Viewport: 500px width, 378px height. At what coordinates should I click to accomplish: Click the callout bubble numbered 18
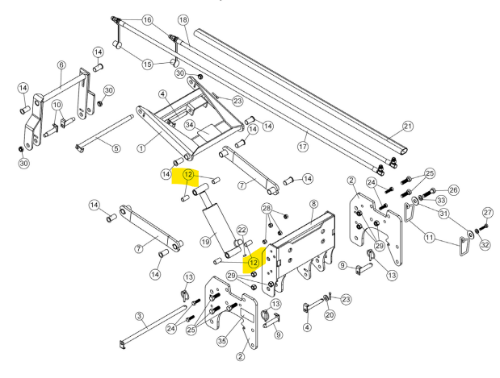point(183,19)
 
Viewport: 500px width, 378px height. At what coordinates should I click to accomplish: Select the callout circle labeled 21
point(408,126)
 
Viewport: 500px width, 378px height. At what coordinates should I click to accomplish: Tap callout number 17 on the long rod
point(304,147)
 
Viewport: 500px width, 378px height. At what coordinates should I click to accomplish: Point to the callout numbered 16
point(147,19)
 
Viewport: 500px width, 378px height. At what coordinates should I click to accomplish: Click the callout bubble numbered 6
point(61,64)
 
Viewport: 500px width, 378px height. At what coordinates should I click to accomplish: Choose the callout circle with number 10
point(57,106)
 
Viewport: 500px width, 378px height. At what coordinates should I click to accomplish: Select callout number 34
point(190,125)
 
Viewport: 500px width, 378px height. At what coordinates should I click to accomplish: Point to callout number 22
point(242,231)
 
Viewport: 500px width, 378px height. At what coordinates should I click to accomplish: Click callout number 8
point(313,205)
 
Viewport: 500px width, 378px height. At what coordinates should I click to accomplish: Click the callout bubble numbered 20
point(330,314)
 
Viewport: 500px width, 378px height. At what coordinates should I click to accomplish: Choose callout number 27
point(486,213)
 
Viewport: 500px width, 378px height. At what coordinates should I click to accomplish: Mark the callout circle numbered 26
point(453,190)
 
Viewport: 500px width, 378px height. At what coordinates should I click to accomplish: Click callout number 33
point(441,199)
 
